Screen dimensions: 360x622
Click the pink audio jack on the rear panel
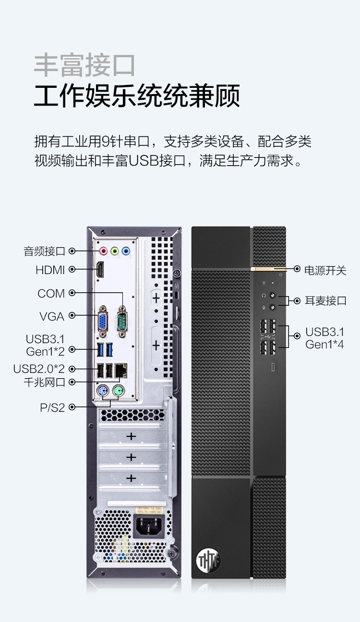(104, 251)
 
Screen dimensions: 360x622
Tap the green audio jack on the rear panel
(115, 251)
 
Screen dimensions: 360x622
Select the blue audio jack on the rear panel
(126, 251)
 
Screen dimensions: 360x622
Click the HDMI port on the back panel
(100, 269)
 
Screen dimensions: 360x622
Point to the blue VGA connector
(103, 321)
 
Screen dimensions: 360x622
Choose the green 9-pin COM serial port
(122, 321)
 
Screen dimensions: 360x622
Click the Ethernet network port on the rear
(121, 371)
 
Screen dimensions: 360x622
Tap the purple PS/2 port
(103, 391)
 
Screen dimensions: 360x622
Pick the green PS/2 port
(119, 391)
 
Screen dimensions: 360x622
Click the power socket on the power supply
(149, 526)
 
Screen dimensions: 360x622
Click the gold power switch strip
(268, 268)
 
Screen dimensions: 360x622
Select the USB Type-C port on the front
(274, 366)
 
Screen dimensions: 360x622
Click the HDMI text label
(50, 270)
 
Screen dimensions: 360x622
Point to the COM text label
(51, 294)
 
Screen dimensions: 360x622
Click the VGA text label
(52, 317)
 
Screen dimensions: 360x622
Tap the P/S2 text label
(52, 407)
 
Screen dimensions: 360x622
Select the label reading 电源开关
(325, 270)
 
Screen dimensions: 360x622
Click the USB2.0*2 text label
(39, 369)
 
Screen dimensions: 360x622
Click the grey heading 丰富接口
(84, 66)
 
